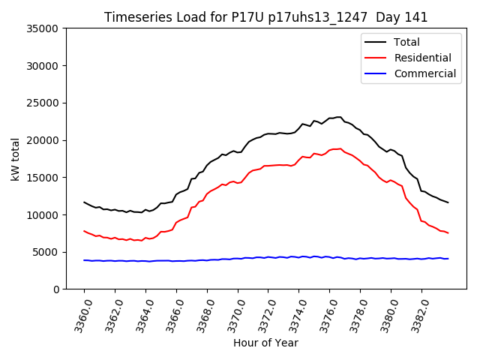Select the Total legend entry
click(406, 42)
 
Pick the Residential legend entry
click(422, 58)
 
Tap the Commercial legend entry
click(424, 73)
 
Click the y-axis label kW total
click(16, 159)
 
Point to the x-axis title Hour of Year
click(265, 343)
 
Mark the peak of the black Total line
click(339, 117)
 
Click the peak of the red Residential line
click(340, 148)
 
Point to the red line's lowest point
click(139, 241)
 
